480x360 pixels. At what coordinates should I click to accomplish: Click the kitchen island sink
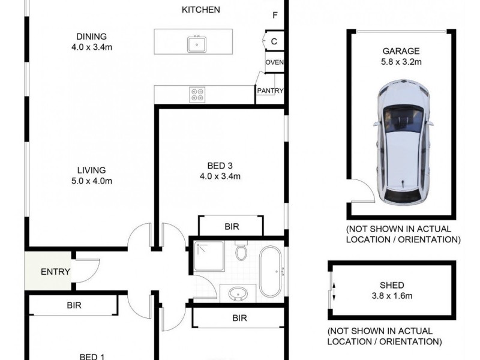pos(197,44)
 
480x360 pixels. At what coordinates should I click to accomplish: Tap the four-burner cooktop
pos(197,95)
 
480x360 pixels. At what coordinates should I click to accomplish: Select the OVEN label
pos(275,62)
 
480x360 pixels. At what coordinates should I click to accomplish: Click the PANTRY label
pos(271,91)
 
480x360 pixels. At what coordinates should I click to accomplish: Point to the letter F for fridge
pos(275,15)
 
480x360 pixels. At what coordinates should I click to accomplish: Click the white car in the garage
pos(402,143)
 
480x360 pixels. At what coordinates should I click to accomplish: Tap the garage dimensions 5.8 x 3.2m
pos(401,62)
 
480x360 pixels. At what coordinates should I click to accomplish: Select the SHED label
pos(392,286)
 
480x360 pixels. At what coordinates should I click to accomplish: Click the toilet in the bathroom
pos(241,250)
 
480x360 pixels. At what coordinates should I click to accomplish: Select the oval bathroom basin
pos(238,294)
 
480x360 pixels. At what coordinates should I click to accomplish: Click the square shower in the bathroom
pos(209,256)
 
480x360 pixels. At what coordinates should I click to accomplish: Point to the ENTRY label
pos(55,272)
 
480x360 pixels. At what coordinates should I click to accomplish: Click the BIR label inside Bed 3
pos(232,227)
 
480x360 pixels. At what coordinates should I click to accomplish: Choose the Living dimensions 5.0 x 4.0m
pos(92,181)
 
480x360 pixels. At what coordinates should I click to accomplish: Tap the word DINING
pos(92,37)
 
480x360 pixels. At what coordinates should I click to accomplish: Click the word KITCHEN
pos(201,10)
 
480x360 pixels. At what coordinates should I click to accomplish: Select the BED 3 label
pos(220,166)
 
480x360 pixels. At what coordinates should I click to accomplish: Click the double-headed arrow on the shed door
pos(334,292)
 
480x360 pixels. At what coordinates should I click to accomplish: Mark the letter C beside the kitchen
pos(274,41)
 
